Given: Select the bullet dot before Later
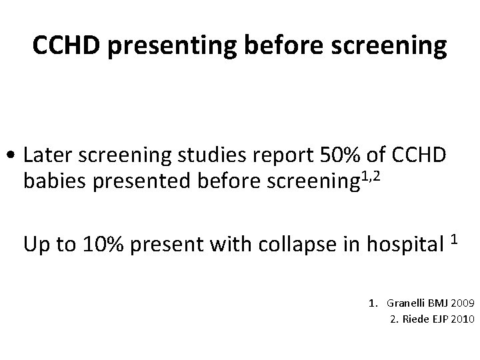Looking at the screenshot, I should coord(13,155).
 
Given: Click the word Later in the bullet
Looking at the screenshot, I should coord(45,155).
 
